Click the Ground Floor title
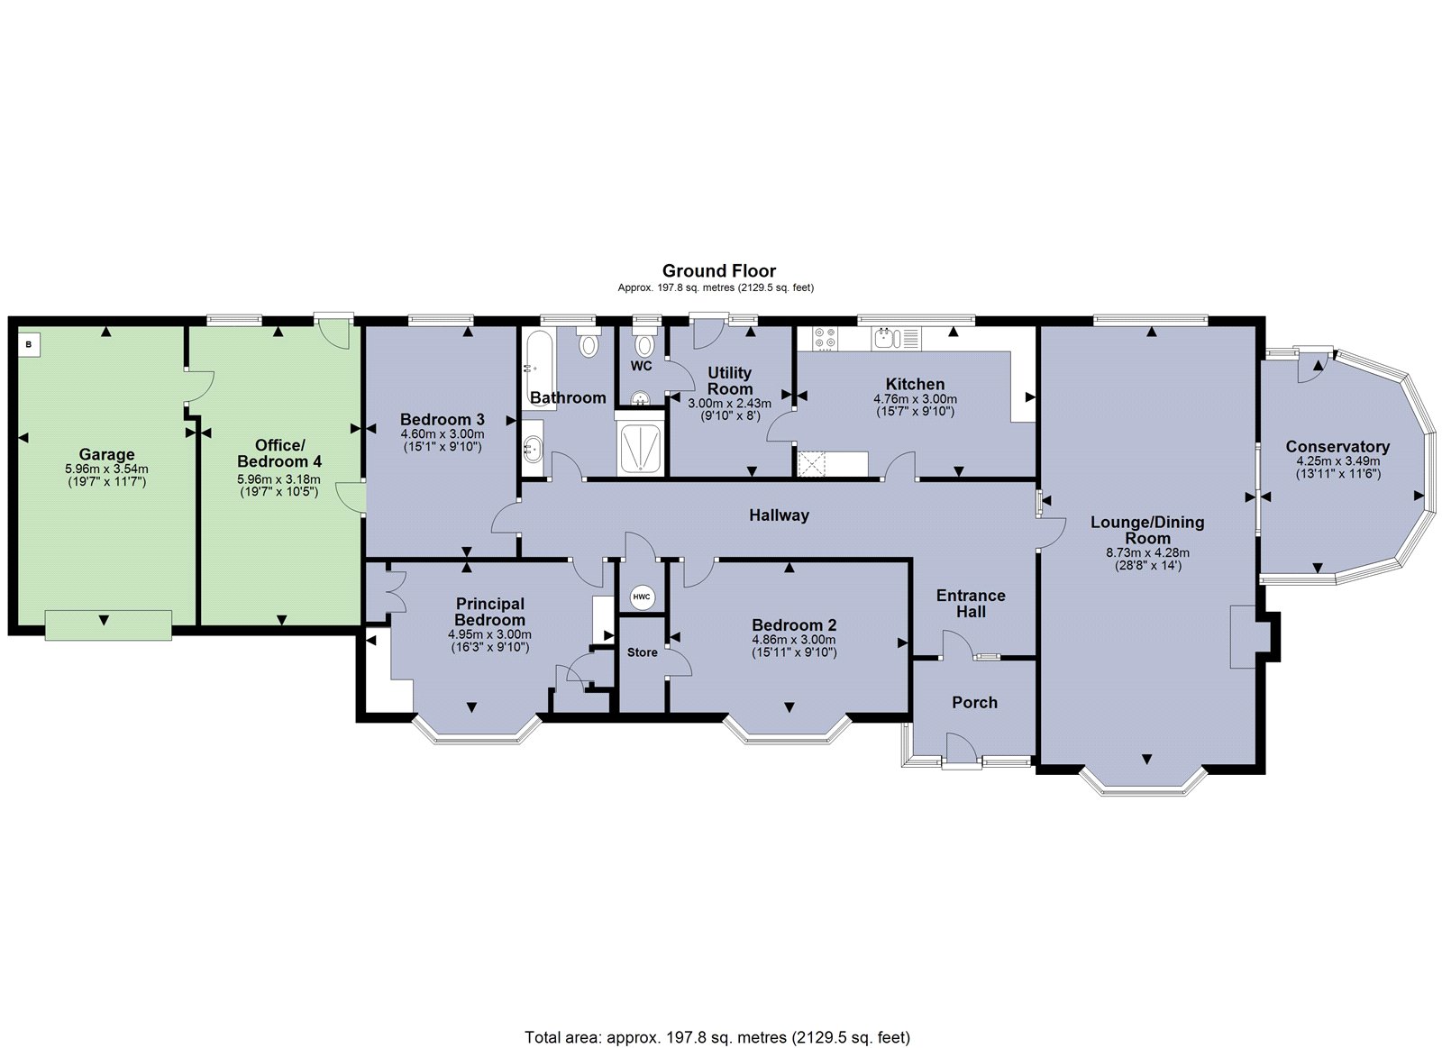pos(718,270)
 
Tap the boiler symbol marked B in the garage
pos(29,343)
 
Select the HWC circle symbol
pos(641,597)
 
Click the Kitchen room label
pos(915,384)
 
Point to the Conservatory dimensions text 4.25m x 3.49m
pos(1337,460)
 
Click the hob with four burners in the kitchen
pos(825,339)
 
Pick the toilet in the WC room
pos(643,345)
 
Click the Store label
pos(642,652)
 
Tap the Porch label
pos(974,702)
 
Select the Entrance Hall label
pos(971,604)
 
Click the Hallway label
pos(779,515)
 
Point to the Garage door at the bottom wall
pos(107,624)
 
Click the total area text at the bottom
pos(717,1037)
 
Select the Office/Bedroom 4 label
pos(279,453)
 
